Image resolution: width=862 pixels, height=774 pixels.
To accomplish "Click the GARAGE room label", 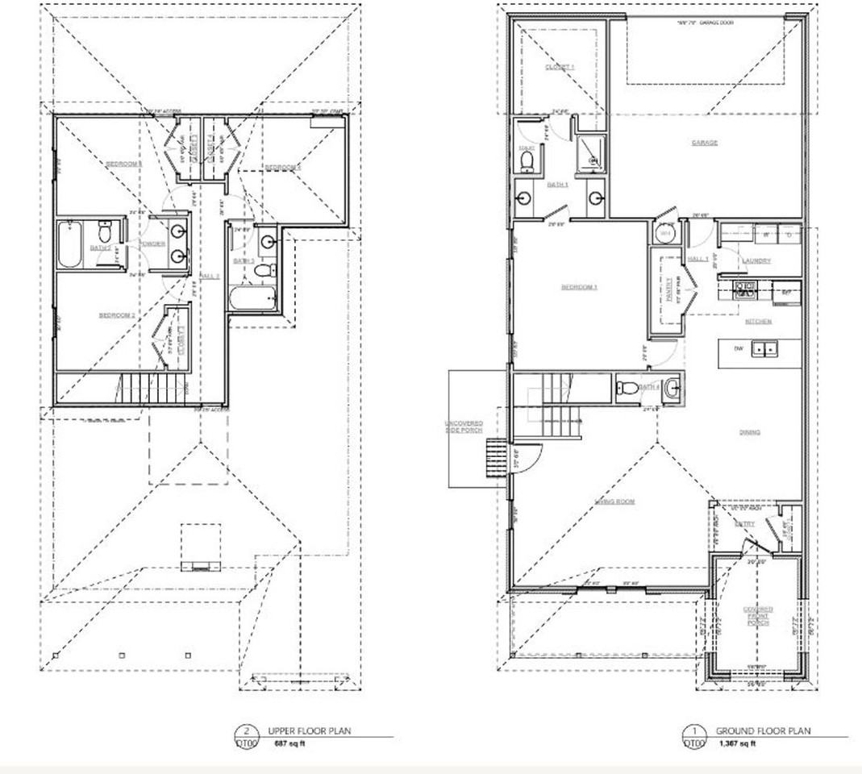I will tap(704, 143).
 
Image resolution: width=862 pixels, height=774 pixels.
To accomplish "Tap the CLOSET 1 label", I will tap(560, 67).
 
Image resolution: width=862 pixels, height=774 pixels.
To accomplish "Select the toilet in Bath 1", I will tap(527, 161).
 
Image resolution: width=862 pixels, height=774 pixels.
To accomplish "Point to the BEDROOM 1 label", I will tap(579, 287).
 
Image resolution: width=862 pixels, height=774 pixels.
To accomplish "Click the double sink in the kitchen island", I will tap(764, 348).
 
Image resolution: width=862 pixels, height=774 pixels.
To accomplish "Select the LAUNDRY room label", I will tap(756, 260).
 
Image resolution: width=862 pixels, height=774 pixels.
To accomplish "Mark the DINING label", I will tap(749, 433).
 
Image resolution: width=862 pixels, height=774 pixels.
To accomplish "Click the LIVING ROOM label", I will tap(614, 501).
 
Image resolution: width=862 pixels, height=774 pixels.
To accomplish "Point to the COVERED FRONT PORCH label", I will tap(758, 616).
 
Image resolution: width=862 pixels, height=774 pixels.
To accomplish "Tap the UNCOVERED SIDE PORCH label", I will tap(464, 427).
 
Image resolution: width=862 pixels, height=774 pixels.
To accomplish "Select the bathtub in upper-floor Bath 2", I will tap(69, 246).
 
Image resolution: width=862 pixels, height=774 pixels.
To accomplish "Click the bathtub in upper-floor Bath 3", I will tap(252, 300).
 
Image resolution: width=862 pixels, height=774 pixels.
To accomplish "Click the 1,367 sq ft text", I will tap(737, 743).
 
